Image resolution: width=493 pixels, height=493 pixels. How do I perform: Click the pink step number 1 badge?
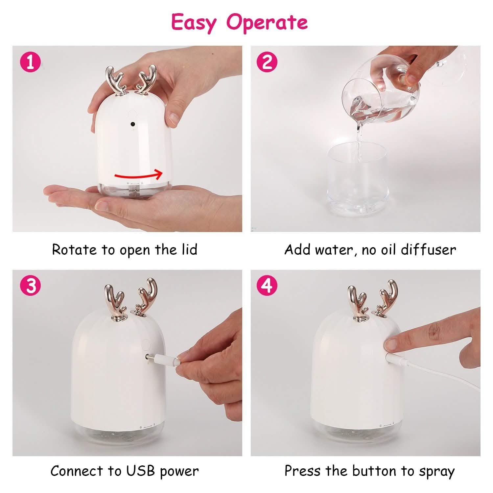click(31, 62)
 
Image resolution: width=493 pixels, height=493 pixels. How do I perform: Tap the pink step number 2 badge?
click(267, 62)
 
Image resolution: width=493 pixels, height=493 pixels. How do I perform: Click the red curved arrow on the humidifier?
click(138, 175)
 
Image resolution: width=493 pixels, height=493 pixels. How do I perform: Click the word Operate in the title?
click(267, 22)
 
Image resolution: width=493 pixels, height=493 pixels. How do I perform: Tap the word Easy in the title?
click(194, 22)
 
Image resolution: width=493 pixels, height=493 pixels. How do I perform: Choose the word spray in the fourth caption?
click(437, 472)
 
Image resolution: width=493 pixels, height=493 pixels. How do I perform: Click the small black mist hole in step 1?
click(132, 124)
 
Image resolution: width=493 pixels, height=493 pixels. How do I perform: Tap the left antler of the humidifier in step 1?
click(113, 81)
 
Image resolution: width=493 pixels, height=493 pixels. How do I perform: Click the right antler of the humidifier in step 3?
click(146, 296)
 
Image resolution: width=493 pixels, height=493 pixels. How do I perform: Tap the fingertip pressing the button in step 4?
click(391, 344)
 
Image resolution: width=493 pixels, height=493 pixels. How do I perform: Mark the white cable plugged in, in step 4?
click(437, 375)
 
